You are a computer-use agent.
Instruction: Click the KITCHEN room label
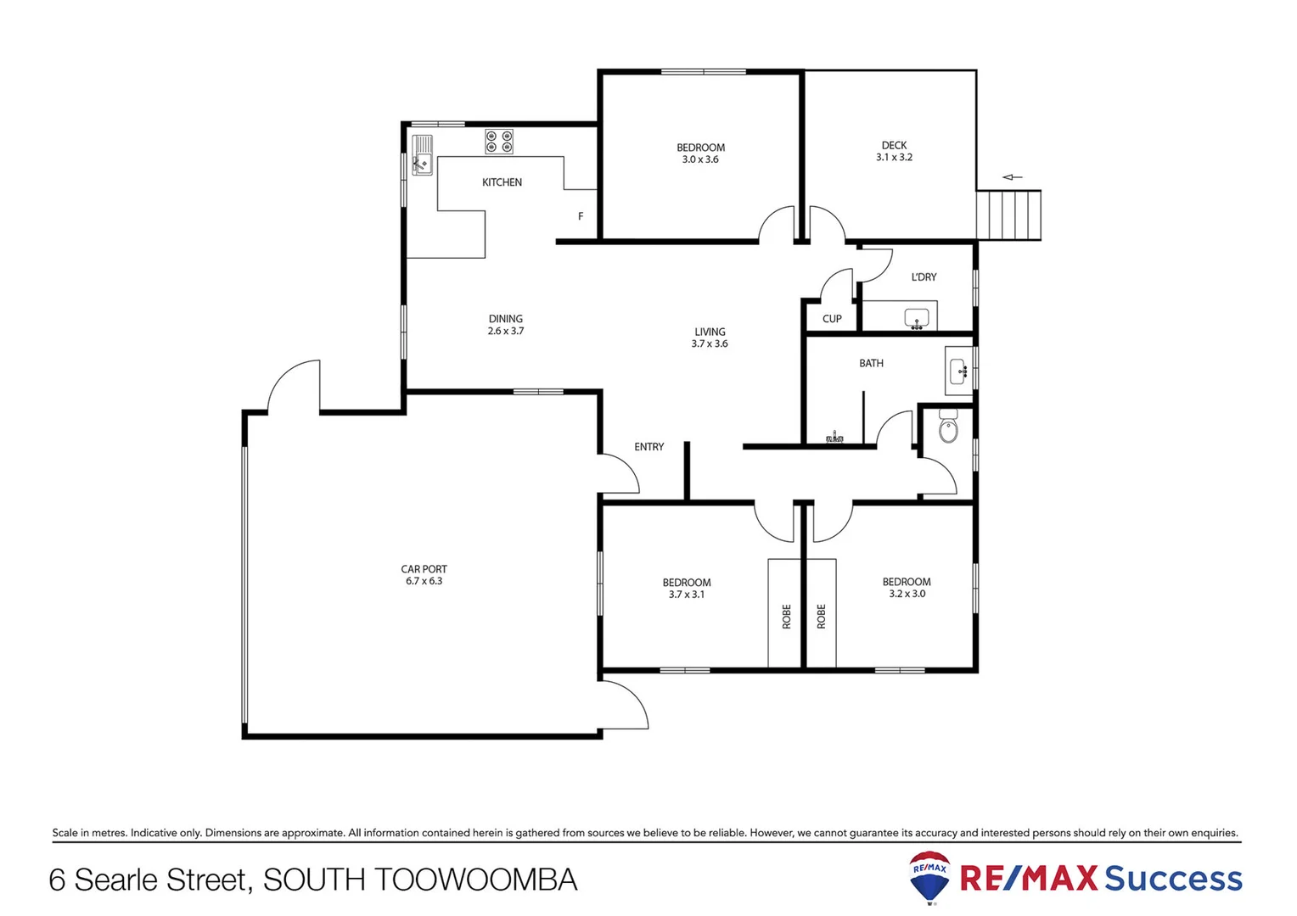[502, 182]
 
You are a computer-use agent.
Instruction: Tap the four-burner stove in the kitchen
[499, 142]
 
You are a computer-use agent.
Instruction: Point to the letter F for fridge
[581, 216]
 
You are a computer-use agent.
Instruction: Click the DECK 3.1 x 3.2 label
[894, 151]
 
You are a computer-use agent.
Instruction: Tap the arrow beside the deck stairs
[1012, 177]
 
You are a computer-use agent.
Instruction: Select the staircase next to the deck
[1008, 215]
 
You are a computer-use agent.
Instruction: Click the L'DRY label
[924, 277]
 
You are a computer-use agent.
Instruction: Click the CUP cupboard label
[832, 319]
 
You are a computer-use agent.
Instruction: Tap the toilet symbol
[948, 427]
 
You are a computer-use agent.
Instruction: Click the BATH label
[871, 363]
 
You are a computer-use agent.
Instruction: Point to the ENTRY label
[649, 447]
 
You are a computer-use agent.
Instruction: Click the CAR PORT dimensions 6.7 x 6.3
[424, 581]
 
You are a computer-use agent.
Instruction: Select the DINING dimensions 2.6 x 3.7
[506, 331]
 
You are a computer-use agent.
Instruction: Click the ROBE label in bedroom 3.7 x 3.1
[787, 616]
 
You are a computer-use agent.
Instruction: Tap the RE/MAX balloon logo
[929, 877]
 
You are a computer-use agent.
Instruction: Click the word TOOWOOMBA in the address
[476, 880]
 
